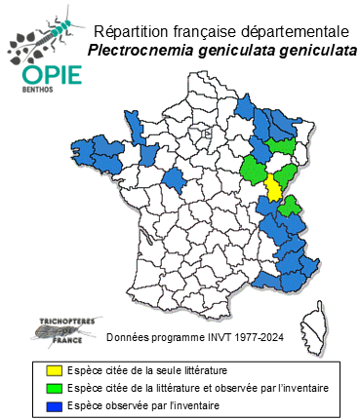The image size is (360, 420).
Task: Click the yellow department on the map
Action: point(274,186)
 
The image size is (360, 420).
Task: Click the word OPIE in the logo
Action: point(46,75)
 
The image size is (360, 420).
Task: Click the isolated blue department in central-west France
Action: point(176,178)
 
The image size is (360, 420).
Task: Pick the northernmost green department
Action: point(282,145)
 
